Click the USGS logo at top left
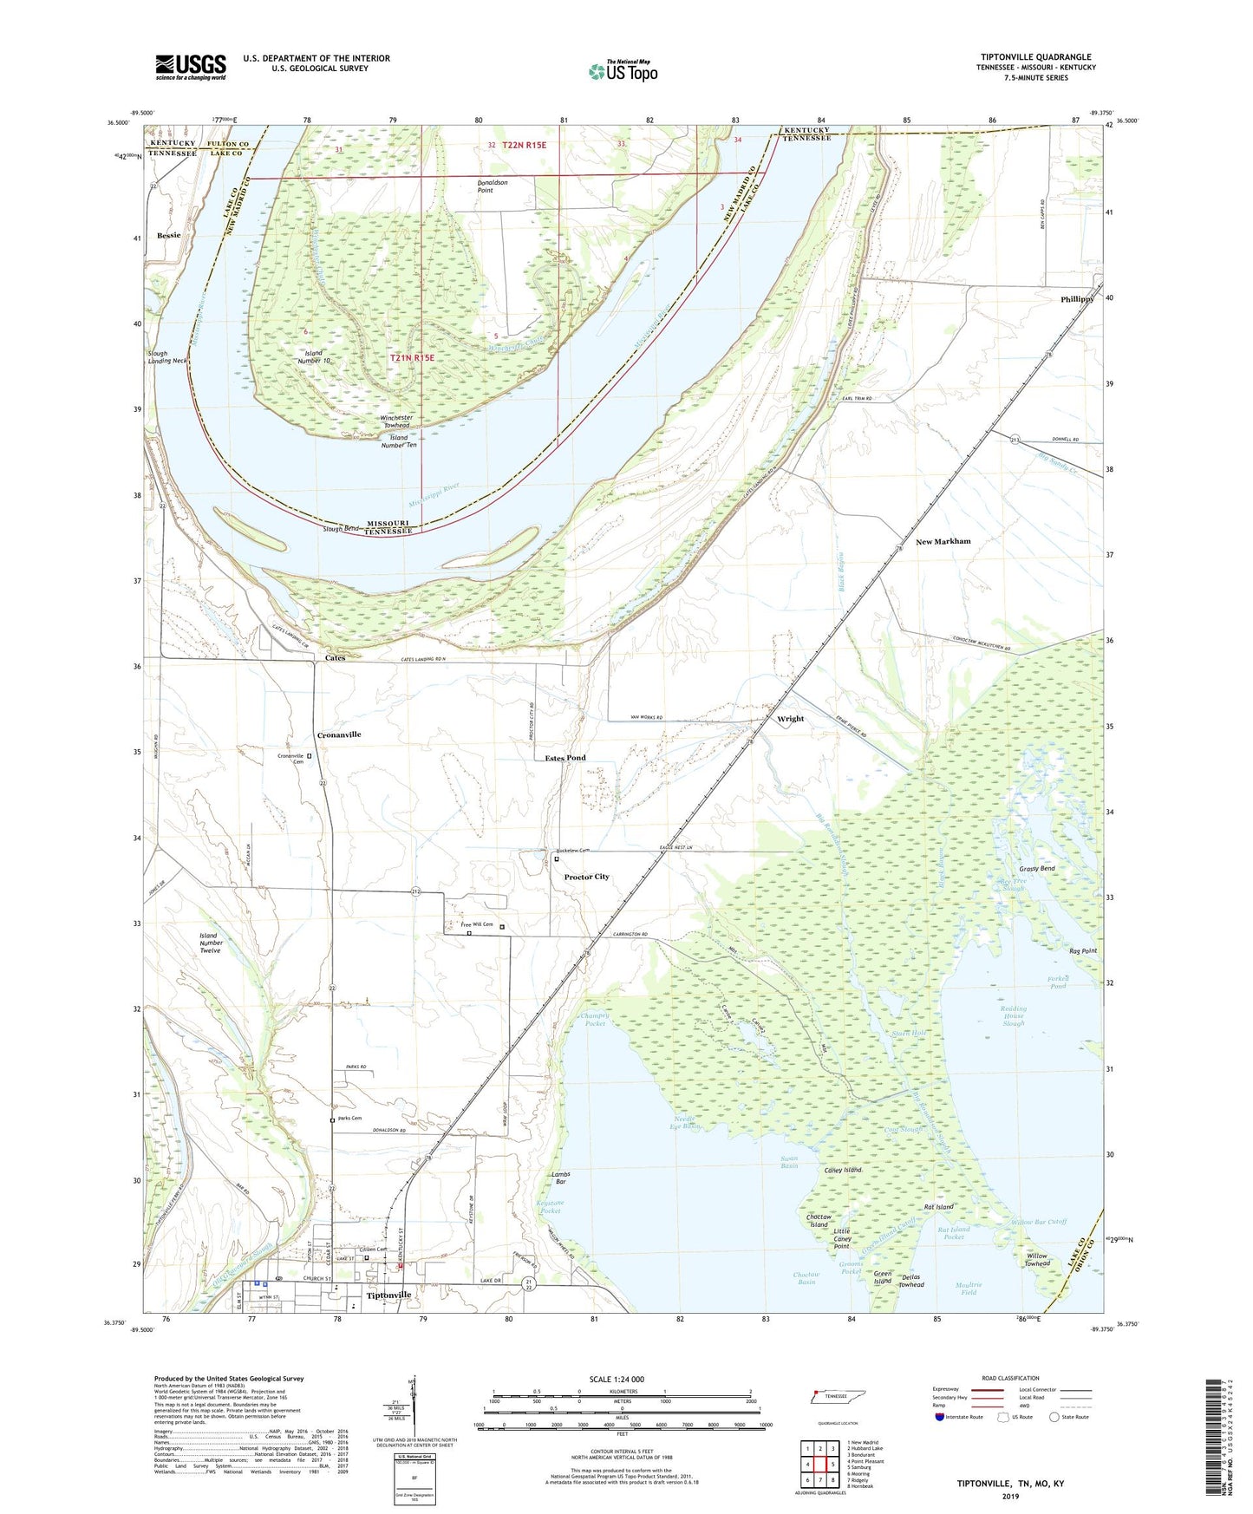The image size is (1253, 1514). (x=191, y=67)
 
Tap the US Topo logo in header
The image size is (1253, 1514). (x=623, y=71)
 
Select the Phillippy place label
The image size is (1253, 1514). (x=1076, y=299)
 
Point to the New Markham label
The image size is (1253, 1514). (x=943, y=542)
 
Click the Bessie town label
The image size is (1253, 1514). (x=169, y=235)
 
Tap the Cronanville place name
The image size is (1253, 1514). (x=338, y=734)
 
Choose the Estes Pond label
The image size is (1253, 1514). (x=565, y=758)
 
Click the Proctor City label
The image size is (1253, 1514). (x=586, y=877)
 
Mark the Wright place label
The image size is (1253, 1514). (x=790, y=719)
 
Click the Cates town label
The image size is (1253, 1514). (x=335, y=658)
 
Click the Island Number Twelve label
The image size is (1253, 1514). (x=211, y=943)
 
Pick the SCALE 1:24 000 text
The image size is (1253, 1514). (x=617, y=1380)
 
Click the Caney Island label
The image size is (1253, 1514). (x=842, y=1170)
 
